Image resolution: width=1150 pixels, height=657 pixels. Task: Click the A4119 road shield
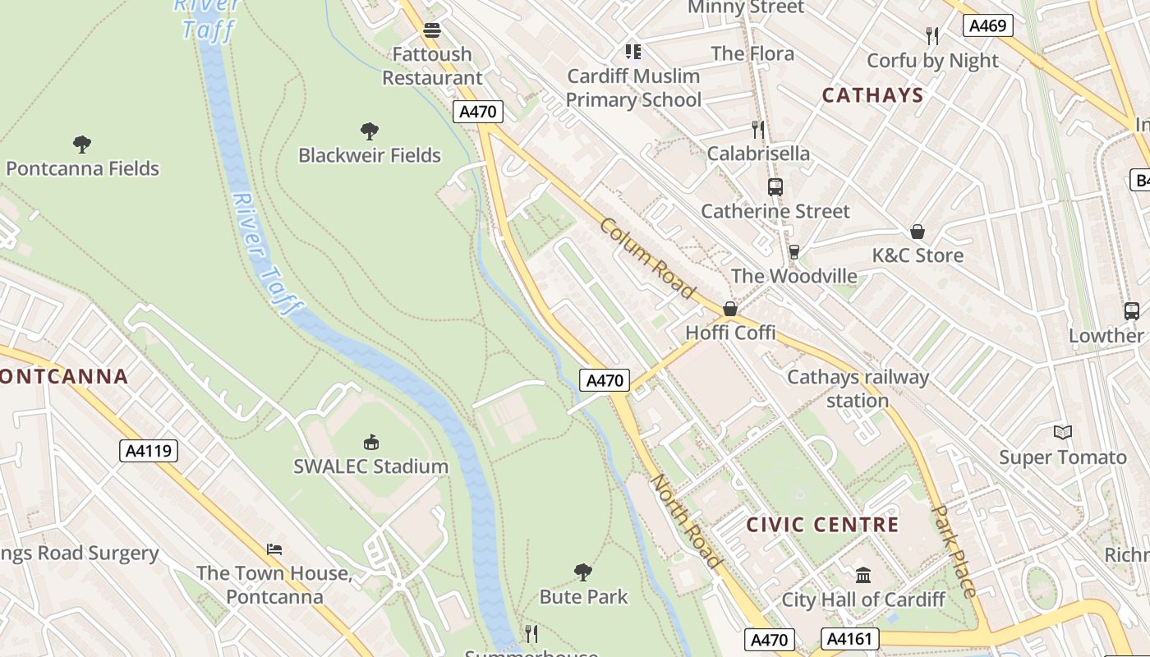point(149,450)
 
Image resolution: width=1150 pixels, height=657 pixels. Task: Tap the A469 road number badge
point(987,25)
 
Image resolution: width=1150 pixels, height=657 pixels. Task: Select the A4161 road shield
point(849,639)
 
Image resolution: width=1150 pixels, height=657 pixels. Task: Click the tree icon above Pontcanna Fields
point(82,145)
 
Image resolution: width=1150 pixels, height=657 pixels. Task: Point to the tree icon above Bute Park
point(583,572)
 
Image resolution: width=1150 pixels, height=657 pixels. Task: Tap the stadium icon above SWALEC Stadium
point(371,443)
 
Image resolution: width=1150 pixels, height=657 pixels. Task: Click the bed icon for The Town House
point(274,549)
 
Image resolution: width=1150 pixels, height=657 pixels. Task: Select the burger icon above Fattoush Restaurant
point(432,30)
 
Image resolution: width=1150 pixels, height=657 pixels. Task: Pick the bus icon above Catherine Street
point(775,187)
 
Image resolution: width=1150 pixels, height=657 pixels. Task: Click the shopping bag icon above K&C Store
point(917,232)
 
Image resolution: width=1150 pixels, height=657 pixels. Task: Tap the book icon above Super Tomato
point(1062,433)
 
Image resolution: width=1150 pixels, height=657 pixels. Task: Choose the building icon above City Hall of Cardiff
point(862,575)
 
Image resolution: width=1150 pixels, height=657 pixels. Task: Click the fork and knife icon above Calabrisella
point(758,130)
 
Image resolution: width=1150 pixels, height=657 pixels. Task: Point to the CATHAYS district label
point(872,95)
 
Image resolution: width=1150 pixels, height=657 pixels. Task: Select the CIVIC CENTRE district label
point(822,525)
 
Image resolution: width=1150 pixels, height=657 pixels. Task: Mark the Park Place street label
point(954,551)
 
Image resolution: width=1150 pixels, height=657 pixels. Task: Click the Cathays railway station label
point(858,388)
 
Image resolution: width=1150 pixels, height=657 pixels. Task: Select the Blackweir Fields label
point(369,155)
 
